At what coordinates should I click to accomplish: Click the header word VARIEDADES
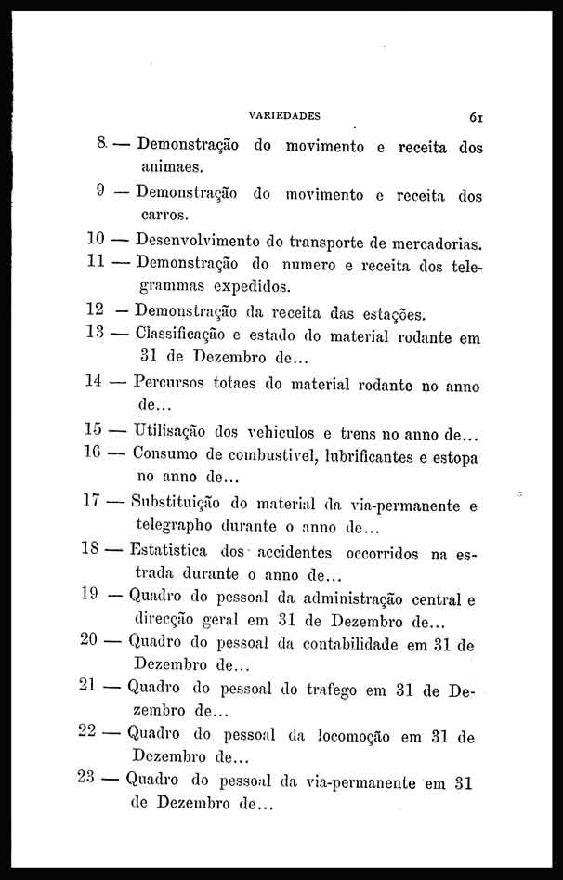(284, 117)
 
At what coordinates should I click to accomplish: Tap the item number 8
(100, 145)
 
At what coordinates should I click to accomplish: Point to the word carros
(164, 217)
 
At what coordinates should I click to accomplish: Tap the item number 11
(94, 262)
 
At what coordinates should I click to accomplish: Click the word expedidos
(253, 286)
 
